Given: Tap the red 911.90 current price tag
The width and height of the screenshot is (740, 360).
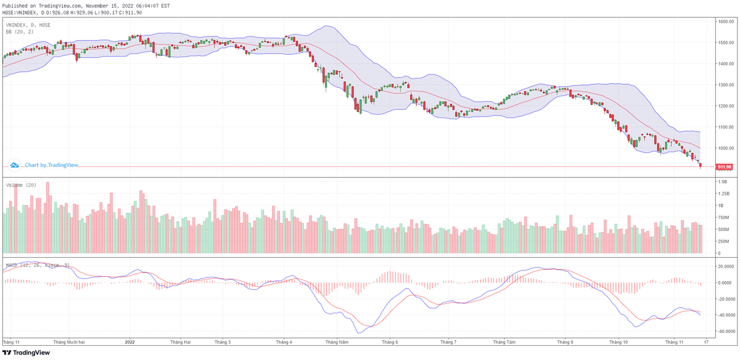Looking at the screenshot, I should point(724,167).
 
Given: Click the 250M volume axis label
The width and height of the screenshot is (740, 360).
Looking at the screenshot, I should point(722,241).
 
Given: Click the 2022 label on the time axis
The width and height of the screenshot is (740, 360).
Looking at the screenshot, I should point(129,341).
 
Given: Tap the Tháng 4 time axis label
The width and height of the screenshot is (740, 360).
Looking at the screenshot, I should point(284,341).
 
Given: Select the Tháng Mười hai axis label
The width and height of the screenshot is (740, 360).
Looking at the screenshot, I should point(68,341).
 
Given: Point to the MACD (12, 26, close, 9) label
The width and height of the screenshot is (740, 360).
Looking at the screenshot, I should point(38,265).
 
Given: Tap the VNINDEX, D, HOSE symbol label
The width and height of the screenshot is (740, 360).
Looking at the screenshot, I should point(28,25).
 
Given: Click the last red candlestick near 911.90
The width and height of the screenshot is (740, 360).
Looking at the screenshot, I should point(701,165).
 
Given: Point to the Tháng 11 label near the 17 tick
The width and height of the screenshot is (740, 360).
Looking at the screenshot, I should point(675,341).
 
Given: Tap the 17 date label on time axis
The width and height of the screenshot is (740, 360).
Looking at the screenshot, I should point(705,341).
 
